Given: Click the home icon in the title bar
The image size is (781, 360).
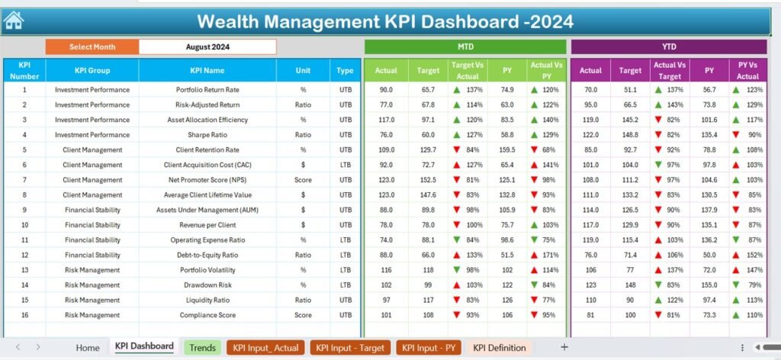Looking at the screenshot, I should coord(14,21).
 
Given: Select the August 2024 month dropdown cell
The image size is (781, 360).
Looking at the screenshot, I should coord(207,47).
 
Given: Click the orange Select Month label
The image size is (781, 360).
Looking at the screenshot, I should coord(92,47).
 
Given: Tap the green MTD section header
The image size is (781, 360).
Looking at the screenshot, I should coord(465,47).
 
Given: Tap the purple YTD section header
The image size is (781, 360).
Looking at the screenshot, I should coord(668,47).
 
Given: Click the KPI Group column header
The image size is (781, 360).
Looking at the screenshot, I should coord(92,71).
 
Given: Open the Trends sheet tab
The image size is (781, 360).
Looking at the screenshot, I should coord(202,348).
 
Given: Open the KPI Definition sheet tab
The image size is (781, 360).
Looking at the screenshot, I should coord(500,348).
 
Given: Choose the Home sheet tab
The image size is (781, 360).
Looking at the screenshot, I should coord(88,348).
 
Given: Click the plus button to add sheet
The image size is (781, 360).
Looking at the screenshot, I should coord(564,347).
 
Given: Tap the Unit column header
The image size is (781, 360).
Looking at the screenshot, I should coord(304,71).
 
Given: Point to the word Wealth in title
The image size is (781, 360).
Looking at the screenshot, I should coord(229,21).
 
